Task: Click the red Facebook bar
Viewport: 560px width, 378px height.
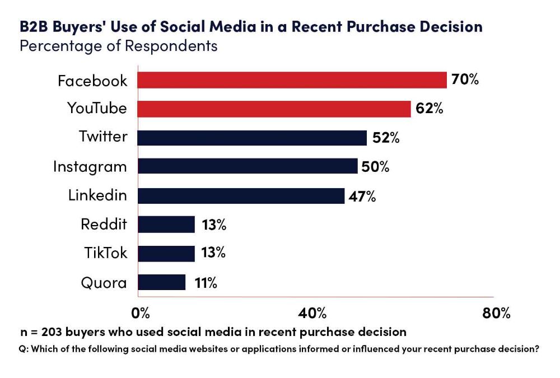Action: click(292, 80)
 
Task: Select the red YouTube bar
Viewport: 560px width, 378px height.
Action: click(274, 109)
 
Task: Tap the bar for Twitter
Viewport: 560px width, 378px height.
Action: click(252, 138)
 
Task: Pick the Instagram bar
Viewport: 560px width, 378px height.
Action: click(247, 166)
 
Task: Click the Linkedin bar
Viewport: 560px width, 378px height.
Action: click(241, 195)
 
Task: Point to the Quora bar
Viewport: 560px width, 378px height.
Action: click(161, 282)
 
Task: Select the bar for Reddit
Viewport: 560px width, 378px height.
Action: click(166, 225)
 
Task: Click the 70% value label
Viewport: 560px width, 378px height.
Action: click(465, 80)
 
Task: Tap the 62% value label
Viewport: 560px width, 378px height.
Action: click(430, 109)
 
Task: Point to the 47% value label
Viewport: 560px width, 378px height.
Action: click(362, 196)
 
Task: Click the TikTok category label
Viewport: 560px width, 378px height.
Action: click(105, 253)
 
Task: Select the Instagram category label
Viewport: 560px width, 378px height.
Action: click(90, 167)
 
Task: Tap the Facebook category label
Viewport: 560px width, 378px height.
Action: click(92, 81)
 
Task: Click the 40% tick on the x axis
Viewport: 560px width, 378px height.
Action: click(314, 312)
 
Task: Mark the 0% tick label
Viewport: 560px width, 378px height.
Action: click(140, 312)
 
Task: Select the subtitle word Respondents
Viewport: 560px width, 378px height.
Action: click(171, 45)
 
